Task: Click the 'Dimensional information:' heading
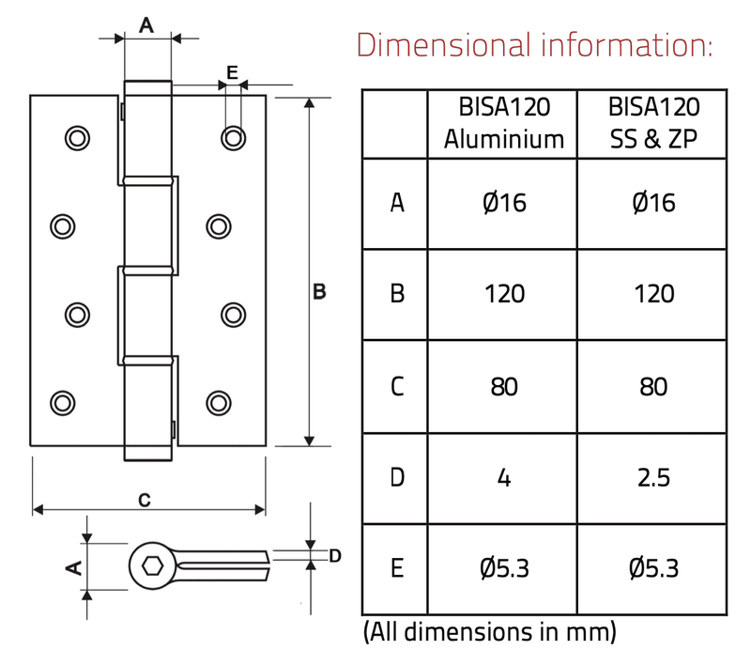click(535, 43)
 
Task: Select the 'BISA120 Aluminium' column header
click(504, 123)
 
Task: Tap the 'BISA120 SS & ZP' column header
click(653, 123)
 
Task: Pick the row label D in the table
click(397, 477)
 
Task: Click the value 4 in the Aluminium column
click(504, 477)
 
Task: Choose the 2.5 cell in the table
click(653, 477)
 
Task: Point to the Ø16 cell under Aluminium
click(504, 203)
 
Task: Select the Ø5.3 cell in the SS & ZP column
click(653, 568)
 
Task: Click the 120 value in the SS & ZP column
click(653, 294)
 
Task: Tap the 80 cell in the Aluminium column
click(504, 386)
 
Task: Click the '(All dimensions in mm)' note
click(489, 631)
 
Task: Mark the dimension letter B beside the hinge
click(319, 293)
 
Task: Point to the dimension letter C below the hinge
click(144, 501)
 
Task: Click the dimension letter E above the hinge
click(232, 71)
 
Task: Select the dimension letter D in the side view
click(334, 556)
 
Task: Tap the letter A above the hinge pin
click(146, 25)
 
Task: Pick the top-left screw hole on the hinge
click(75, 138)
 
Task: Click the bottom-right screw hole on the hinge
click(218, 402)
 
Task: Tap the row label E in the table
click(397, 568)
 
